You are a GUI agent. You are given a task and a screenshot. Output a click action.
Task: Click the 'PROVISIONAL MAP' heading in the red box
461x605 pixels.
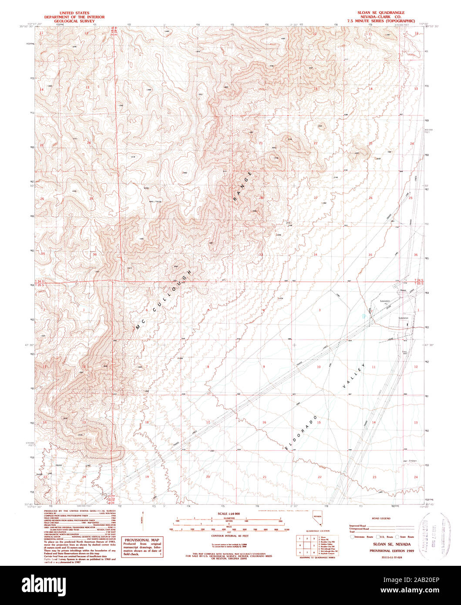(142, 540)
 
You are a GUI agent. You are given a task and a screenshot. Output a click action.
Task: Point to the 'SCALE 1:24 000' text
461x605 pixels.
(229, 514)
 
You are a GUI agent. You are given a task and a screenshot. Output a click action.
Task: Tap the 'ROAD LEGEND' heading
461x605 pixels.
(382, 518)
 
